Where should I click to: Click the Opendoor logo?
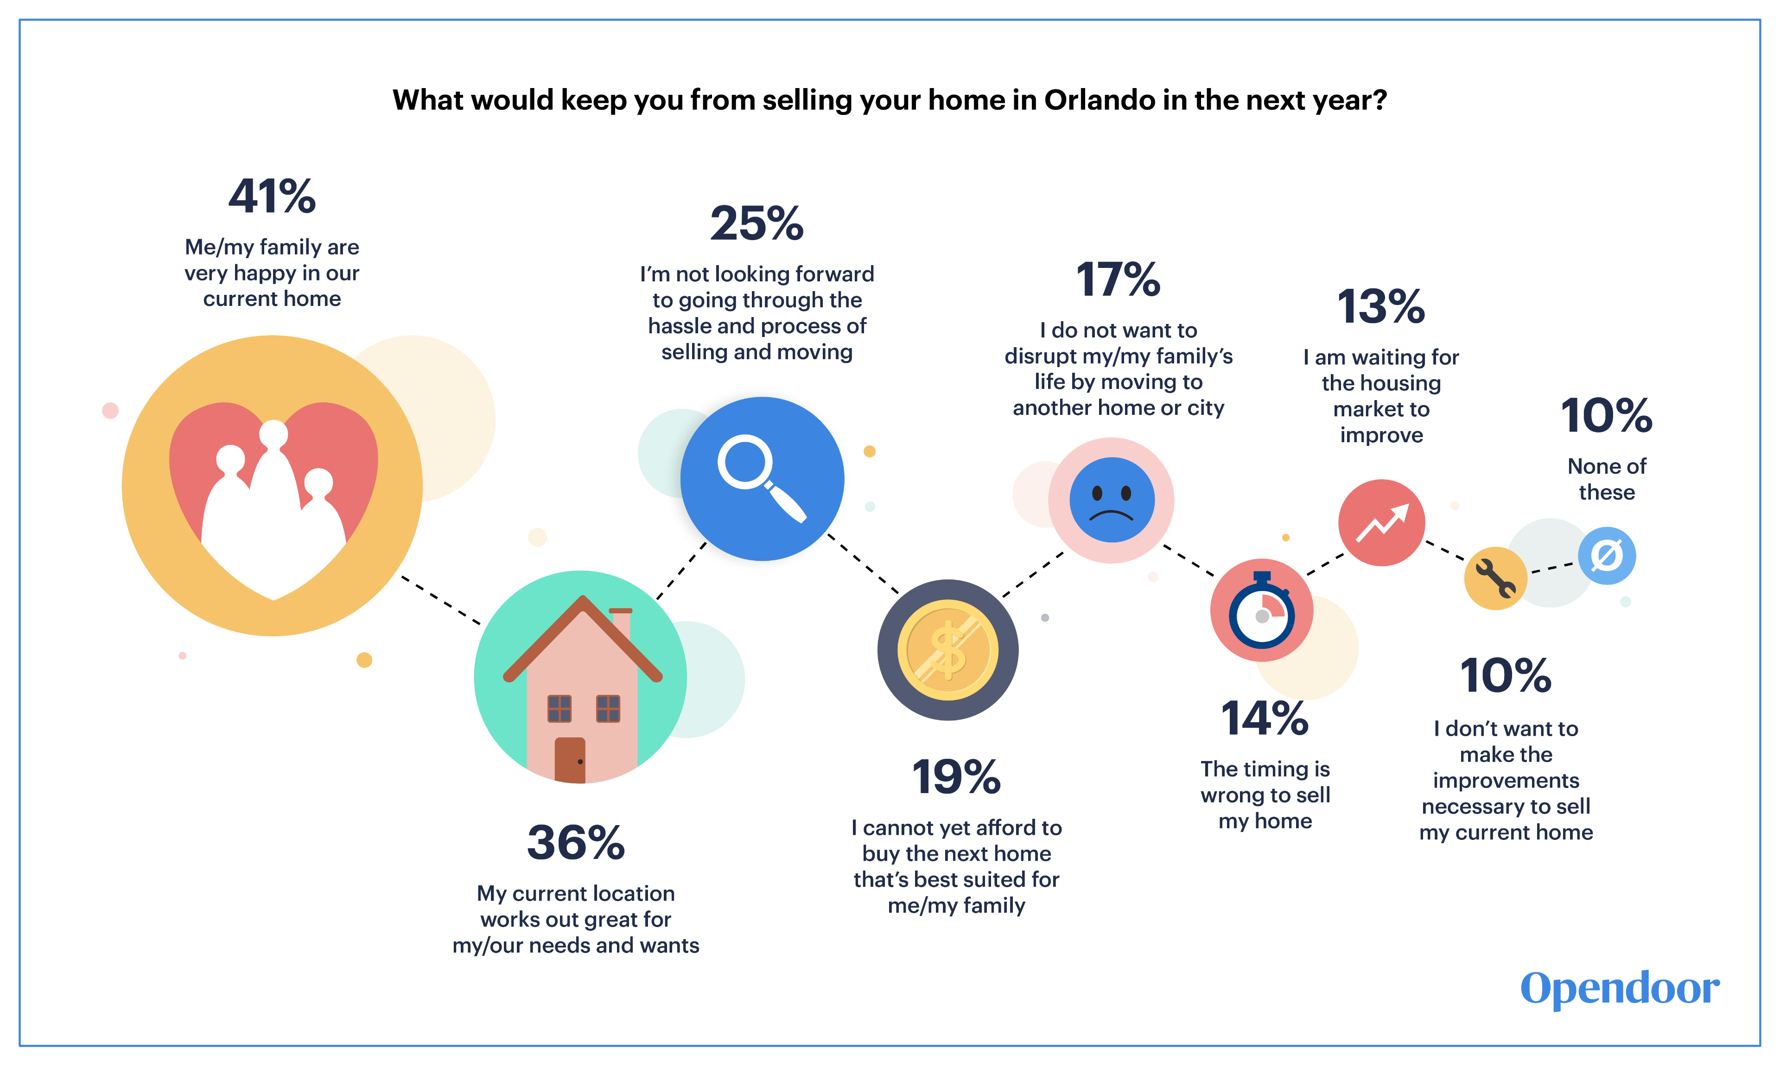click(1620, 988)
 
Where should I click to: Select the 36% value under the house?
click(576, 843)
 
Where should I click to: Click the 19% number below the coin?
click(956, 777)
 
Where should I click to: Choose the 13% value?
click(1381, 306)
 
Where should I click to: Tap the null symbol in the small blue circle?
click(1607, 556)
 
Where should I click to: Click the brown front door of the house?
click(570, 760)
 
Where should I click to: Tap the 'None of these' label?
click(1607, 479)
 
